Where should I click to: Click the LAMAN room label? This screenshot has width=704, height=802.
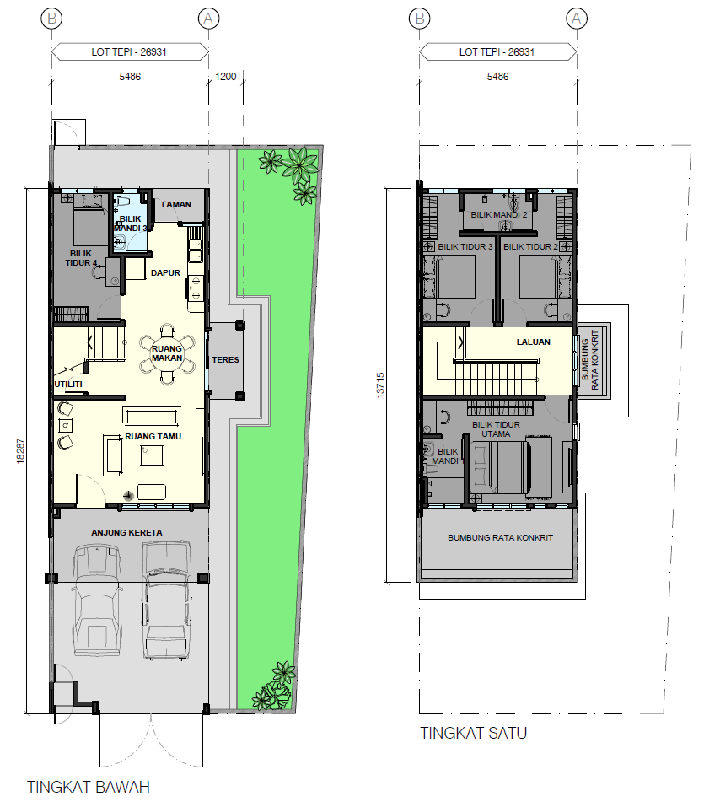pos(176,205)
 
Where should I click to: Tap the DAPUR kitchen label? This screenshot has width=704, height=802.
pos(165,273)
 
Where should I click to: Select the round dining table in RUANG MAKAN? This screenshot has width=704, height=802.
pos(167,353)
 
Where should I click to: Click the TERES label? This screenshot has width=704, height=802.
pos(225,360)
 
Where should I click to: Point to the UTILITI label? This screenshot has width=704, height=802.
pos(68,384)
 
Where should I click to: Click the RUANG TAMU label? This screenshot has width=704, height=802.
pos(153,437)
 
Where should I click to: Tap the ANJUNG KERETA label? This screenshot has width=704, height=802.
pos(126,532)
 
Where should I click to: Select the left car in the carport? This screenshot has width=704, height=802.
pos(97,600)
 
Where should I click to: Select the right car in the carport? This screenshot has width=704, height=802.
pos(167,600)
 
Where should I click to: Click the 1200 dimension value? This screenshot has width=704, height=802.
pos(225,77)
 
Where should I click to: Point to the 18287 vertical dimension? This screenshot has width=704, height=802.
pos(20,451)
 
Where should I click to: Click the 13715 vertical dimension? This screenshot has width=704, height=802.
pos(380,385)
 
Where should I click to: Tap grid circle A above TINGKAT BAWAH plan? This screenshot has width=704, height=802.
pos(208,19)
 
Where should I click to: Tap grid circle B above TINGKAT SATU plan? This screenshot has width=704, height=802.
pos(420,19)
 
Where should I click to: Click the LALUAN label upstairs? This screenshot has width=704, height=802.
pos(533,342)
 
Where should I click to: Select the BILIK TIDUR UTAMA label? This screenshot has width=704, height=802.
pos(496,429)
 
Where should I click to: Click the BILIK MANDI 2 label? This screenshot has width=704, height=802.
pos(499,215)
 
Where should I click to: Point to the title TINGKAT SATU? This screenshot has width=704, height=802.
pos(474,733)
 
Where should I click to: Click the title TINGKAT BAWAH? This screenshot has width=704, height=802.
pos(89,787)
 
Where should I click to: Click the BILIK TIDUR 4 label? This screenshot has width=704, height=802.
pos(81,258)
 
